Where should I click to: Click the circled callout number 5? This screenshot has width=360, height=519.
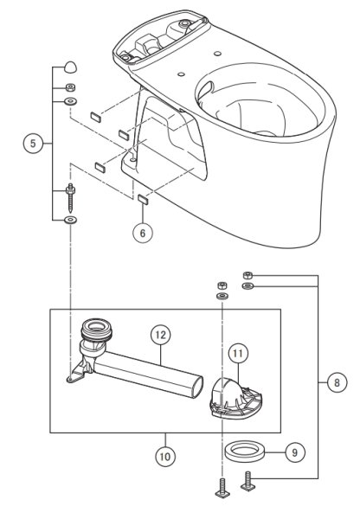(x=33, y=144)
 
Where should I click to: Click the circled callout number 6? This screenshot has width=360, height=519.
(x=143, y=233)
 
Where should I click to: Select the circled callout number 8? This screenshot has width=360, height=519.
(x=337, y=383)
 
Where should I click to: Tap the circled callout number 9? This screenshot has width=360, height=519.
(x=295, y=452)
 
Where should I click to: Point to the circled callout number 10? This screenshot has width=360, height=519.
(x=165, y=457)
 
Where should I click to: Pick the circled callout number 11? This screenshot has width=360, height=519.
(x=238, y=354)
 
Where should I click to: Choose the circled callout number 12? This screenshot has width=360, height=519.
(x=160, y=335)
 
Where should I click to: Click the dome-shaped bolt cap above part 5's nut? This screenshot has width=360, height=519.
(x=70, y=67)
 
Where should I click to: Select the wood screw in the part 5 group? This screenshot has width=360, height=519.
(x=71, y=198)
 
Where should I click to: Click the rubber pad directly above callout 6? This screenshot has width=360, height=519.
(x=143, y=199)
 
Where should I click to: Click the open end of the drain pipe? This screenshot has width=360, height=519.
(x=197, y=387)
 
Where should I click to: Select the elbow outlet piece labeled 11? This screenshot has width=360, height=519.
(x=235, y=399)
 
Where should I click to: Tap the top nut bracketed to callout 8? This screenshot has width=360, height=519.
(x=247, y=275)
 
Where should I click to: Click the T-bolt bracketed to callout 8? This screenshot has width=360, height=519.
(x=247, y=482)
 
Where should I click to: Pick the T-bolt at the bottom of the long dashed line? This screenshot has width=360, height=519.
(x=222, y=488)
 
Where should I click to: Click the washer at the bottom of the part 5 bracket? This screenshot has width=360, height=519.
(x=70, y=220)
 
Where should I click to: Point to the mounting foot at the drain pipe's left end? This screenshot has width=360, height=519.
(x=78, y=372)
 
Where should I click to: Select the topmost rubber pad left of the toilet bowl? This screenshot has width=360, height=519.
(x=96, y=117)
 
